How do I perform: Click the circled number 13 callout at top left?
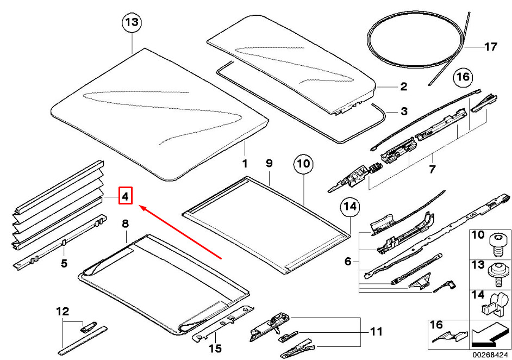point(132,23)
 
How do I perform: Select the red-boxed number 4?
point(125,196)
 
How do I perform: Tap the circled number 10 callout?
point(303,163)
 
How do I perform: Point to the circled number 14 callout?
point(351,207)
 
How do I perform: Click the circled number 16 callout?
point(462,77)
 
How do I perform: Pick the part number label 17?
point(490,47)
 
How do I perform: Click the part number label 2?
point(403,86)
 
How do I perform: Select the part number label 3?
point(403,111)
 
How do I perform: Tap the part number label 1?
point(245,163)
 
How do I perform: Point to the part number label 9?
point(269,163)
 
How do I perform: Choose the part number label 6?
point(348,262)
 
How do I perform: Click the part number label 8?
point(125,223)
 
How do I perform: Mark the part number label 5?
point(64,264)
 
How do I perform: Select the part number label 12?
point(63,312)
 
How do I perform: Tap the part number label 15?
point(215,347)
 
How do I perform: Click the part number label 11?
point(376,331)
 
